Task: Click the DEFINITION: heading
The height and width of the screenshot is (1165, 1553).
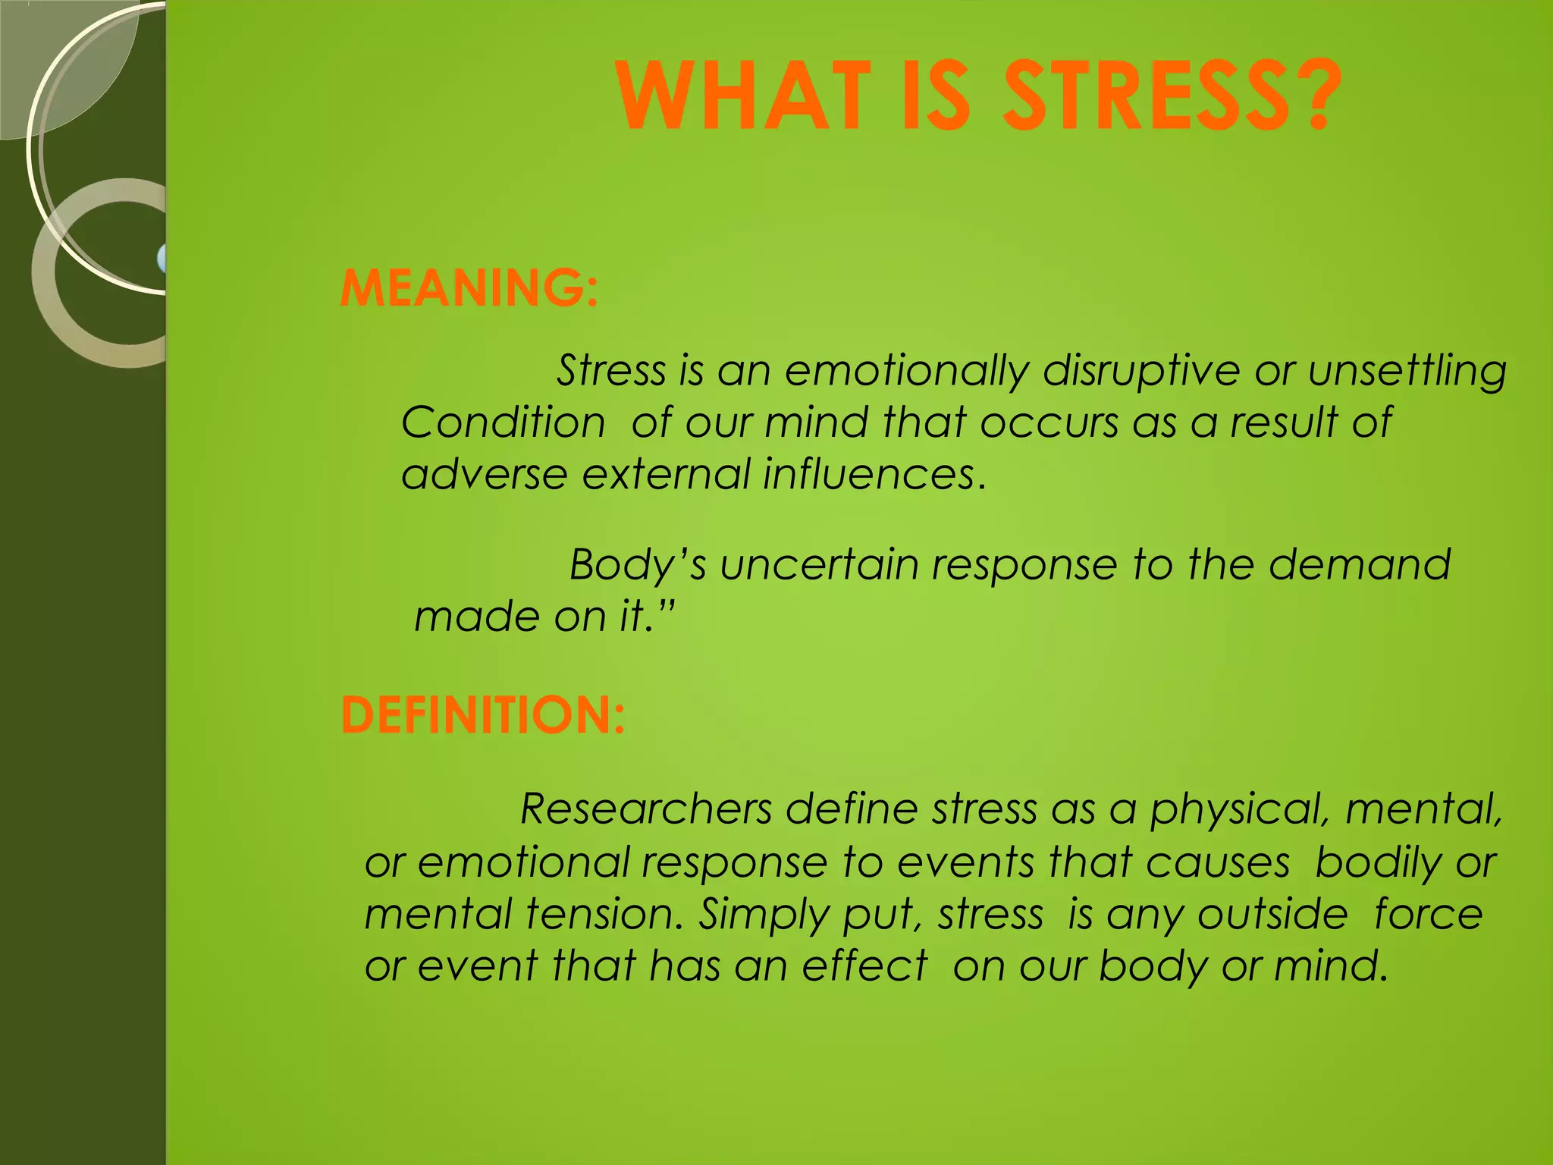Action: coord(483,715)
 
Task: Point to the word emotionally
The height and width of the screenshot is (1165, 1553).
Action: coord(907,372)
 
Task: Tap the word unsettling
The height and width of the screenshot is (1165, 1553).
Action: coord(1407,372)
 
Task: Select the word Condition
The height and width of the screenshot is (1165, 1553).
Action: coord(503,422)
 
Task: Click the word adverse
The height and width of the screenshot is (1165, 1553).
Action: coord(484,475)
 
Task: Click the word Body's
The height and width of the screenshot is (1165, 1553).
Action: coord(638,566)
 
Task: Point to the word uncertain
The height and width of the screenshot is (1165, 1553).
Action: coord(819,566)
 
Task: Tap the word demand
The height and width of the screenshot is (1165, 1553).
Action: coord(1360,566)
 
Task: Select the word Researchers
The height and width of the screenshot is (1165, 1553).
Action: coord(646,809)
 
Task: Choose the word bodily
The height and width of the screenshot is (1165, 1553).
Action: coord(1378,863)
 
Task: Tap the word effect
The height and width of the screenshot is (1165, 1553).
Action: coord(864,966)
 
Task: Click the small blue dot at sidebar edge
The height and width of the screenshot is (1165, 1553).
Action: coord(162,259)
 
